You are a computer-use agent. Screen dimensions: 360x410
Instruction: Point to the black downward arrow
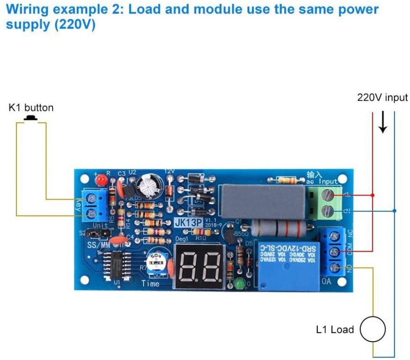tap(383, 123)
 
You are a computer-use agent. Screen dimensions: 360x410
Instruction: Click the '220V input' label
tap(382, 97)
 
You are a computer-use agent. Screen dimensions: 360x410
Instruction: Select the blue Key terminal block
tap(92, 205)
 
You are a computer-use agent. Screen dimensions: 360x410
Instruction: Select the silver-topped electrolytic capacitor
tap(147, 187)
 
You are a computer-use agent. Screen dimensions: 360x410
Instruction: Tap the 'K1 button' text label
tap(31, 108)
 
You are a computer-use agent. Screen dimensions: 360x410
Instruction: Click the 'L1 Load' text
tap(335, 330)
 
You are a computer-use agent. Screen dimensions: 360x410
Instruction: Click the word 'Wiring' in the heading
tap(28, 9)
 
